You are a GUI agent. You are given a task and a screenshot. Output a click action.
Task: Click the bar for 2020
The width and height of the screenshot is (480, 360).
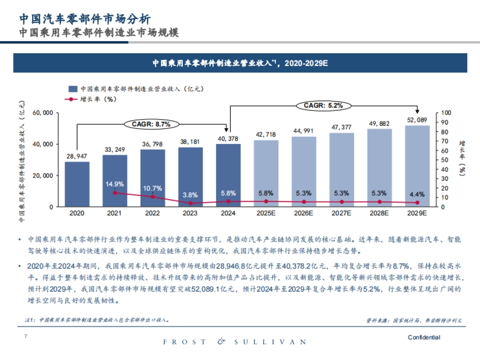tap(77, 184)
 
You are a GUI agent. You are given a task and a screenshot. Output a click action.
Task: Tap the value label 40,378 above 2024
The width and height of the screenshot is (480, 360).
tap(228, 139)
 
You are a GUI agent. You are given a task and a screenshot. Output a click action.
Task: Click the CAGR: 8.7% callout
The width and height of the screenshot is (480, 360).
tap(151, 124)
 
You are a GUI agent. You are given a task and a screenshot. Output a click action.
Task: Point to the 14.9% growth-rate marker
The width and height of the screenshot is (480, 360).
tap(115, 193)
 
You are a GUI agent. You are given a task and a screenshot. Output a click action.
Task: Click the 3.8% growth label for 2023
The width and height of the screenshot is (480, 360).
tap(190, 195)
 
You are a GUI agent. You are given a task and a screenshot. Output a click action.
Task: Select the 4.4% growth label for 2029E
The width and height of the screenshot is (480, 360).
tap(417, 194)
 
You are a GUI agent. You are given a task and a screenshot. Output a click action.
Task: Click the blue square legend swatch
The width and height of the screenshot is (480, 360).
tap(73, 89)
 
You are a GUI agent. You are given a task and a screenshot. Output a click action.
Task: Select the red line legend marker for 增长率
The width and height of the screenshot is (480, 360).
tap(72, 99)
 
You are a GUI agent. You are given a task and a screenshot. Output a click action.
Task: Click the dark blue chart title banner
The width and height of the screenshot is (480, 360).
tap(240, 63)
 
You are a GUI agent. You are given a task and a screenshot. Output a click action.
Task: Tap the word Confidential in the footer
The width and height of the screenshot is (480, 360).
tap(424, 338)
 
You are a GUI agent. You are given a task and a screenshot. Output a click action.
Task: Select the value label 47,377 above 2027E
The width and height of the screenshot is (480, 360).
tap(341, 127)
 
